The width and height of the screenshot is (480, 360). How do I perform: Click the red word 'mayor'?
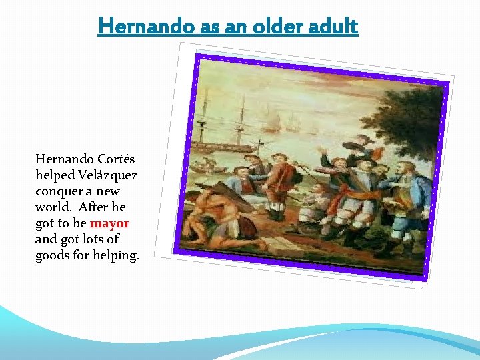click(109, 223)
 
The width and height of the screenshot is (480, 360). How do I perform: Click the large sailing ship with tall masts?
click(227, 123)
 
